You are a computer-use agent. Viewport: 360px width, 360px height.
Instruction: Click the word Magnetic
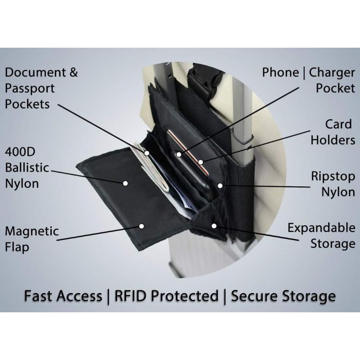(x=31, y=231)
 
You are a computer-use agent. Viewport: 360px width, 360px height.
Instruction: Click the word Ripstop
(x=333, y=176)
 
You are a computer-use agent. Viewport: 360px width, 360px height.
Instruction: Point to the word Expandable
(x=321, y=227)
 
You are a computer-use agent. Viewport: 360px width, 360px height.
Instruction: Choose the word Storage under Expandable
(x=333, y=244)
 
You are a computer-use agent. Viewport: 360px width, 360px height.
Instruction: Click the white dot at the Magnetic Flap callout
(x=141, y=225)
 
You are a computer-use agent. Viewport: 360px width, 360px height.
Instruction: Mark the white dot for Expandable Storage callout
(x=214, y=225)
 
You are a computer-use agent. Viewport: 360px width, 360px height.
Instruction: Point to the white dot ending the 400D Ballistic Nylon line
(x=126, y=184)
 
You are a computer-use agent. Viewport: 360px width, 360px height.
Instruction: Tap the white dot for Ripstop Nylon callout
(x=220, y=185)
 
